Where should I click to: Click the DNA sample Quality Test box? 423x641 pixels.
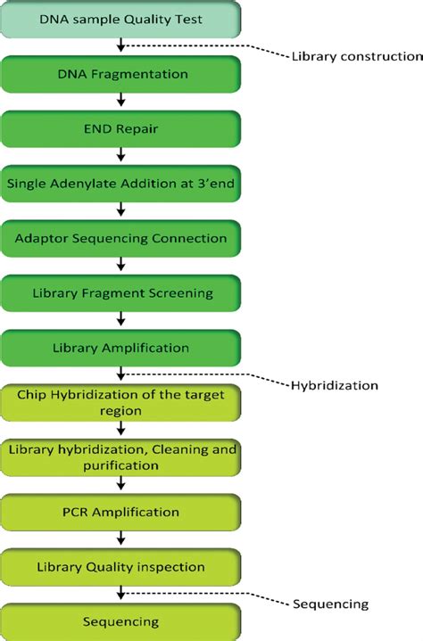[x=121, y=18]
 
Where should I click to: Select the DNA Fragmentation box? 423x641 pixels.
[x=121, y=74]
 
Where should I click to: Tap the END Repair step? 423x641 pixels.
[x=121, y=129]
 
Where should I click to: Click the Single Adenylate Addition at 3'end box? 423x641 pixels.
[x=121, y=184]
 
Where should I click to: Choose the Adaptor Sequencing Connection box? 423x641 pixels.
[x=121, y=238]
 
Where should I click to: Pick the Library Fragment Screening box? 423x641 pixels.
[x=121, y=292]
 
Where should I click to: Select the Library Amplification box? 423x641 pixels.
[x=121, y=348]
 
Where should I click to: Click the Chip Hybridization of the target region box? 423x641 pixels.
[x=121, y=403]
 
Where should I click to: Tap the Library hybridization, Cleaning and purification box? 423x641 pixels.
[x=121, y=457]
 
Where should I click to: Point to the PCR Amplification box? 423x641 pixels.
[x=121, y=512]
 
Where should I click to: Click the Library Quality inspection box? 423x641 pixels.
[x=121, y=567]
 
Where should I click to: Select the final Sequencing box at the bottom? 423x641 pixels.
[x=121, y=621]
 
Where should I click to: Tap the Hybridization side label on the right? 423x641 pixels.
[x=336, y=385]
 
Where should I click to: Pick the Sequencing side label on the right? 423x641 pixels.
[x=330, y=604]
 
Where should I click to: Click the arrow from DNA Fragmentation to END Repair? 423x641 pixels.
[x=121, y=102]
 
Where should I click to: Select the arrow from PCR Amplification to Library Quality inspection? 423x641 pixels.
[x=121, y=539]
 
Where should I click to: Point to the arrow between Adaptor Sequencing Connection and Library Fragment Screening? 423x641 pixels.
[x=121, y=266]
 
